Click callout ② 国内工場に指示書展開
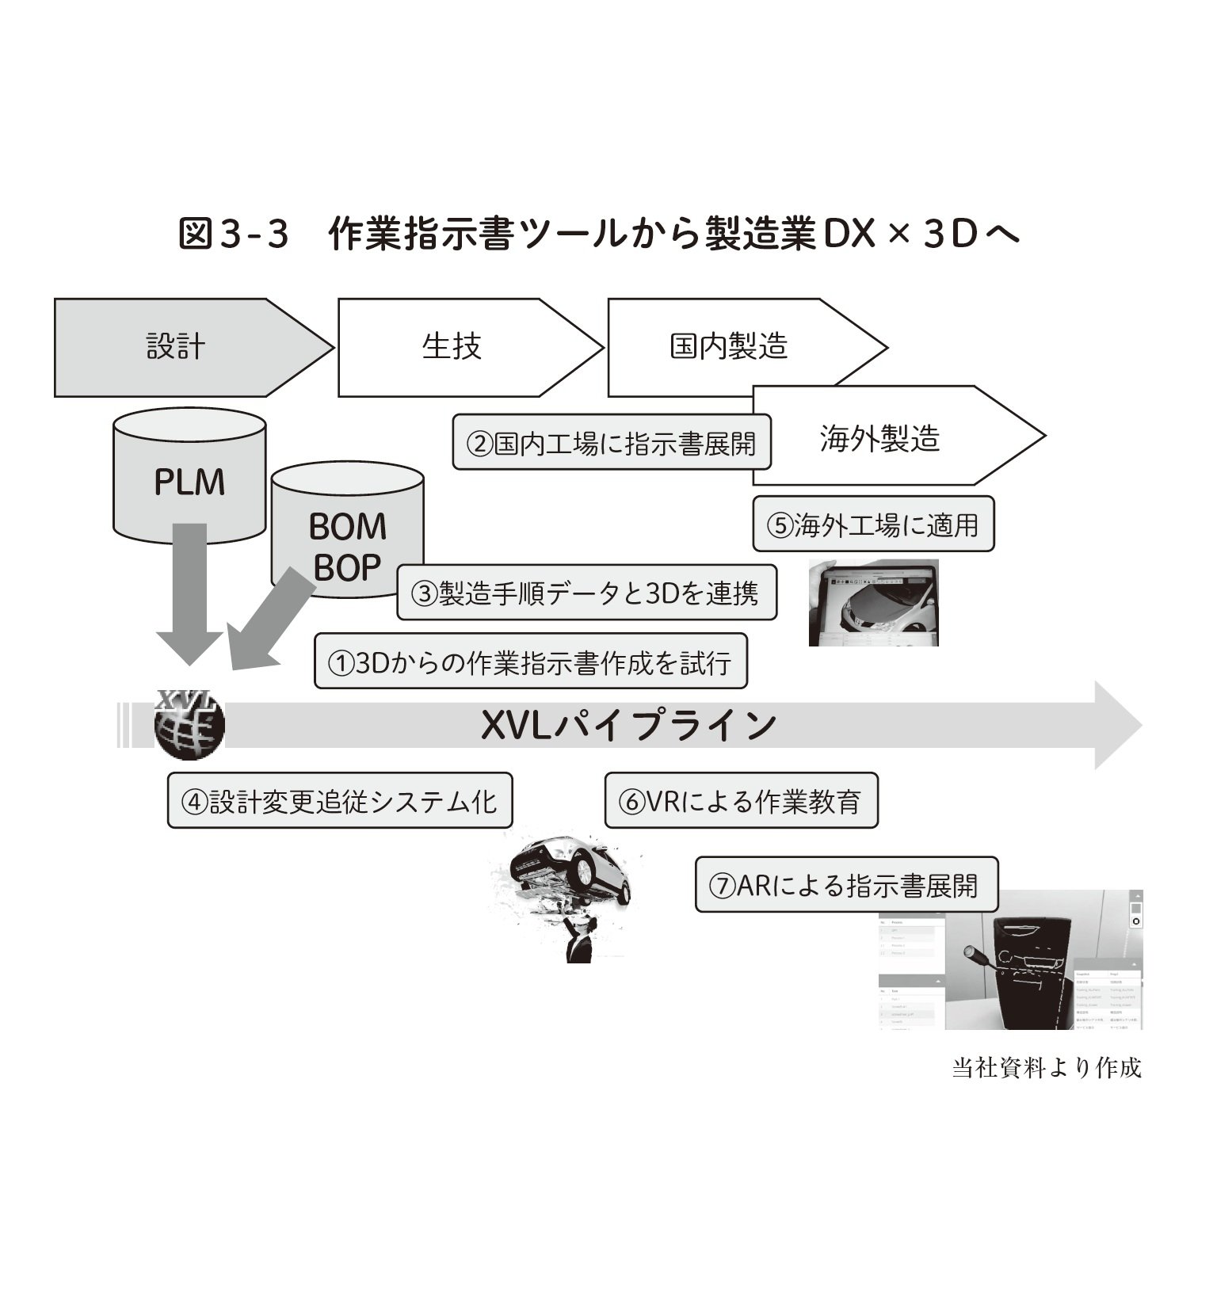pos(611,442)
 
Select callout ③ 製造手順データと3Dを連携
pos(586,593)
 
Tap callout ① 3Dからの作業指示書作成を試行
pos(531,662)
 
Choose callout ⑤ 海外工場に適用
pos(872,524)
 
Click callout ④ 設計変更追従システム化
pos(340,801)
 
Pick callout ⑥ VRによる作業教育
pos(741,801)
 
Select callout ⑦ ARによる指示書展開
pos(846,884)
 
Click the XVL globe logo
pos(189,724)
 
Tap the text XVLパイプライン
pos(629,725)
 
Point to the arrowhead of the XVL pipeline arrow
pos(1117,725)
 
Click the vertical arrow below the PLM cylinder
pos(189,594)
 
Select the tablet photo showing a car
pos(873,602)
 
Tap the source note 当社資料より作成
pos(1046,1068)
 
